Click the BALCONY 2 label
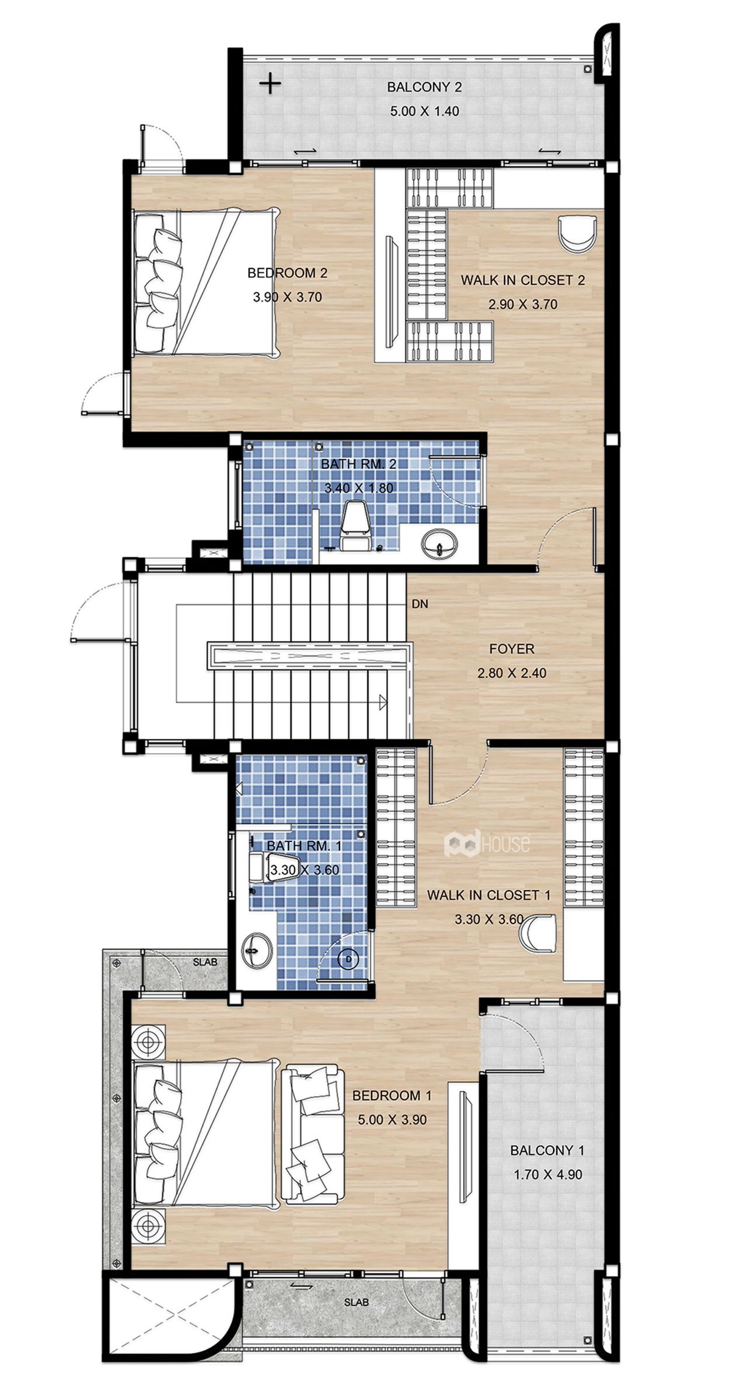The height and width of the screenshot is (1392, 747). pyautogui.click(x=424, y=88)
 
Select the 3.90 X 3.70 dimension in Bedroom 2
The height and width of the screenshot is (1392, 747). pyautogui.click(x=287, y=297)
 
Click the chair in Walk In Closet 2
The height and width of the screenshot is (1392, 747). pyautogui.click(x=577, y=233)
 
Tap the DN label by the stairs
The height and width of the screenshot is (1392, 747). pyautogui.click(x=420, y=604)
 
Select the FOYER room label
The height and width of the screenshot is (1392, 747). pyautogui.click(x=512, y=648)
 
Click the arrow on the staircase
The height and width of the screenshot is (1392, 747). pyautogui.click(x=383, y=702)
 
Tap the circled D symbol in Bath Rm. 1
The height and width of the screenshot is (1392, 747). pyautogui.click(x=348, y=958)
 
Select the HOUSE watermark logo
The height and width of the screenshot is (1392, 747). pyautogui.click(x=487, y=843)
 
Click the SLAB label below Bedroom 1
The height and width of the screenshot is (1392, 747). pyautogui.click(x=356, y=1302)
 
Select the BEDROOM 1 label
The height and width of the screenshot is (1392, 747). pyautogui.click(x=392, y=1096)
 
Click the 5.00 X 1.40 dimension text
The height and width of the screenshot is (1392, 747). pyautogui.click(x=425, y=111)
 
